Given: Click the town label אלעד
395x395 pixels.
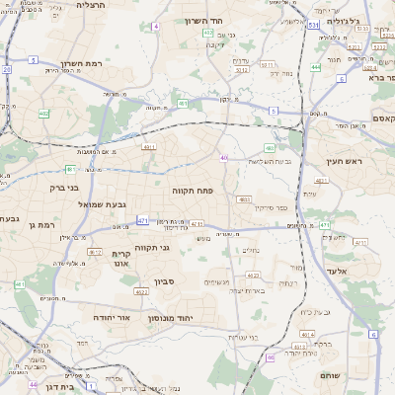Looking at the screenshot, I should (x=335, y=269).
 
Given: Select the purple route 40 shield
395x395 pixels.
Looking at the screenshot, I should (x=224, y=158).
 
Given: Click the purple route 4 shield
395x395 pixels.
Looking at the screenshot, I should (x=156, y=27).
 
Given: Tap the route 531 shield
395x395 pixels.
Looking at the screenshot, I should (x=312, y=24).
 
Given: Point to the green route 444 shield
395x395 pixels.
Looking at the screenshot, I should (x=316, y=67).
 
